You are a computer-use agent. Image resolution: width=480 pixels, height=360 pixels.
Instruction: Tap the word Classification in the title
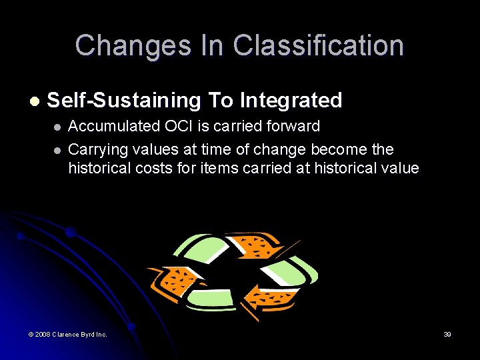click(x=318, y=46)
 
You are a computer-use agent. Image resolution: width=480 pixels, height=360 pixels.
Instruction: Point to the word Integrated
click(x=291, y=101)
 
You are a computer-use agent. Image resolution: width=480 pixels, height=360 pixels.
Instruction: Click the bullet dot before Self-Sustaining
click(x=34, y=101)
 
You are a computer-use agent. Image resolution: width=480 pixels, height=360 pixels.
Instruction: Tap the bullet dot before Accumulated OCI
click(x=57, y=127)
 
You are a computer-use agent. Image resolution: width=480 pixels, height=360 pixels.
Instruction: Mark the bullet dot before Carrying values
click(x=57, y=149)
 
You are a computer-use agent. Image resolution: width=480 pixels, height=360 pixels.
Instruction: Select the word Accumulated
click(x=111, y=127)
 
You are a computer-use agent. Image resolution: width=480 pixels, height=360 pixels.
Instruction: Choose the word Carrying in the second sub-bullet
click(x=98, y=149)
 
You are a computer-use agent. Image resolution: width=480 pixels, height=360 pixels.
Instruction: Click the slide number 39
click(x=447, y=334)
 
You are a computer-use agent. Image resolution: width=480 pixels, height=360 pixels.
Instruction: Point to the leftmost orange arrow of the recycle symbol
click(x=175, y=281)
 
